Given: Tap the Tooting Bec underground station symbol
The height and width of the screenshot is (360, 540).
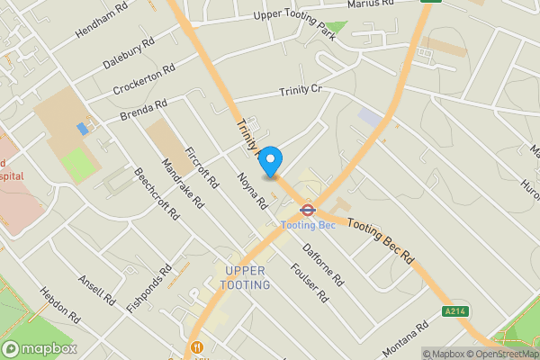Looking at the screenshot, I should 307,211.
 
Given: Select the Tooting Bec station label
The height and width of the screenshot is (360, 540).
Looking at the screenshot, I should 307,225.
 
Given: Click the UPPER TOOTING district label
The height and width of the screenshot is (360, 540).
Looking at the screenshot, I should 247,278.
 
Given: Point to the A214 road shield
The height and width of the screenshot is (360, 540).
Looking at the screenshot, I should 455,311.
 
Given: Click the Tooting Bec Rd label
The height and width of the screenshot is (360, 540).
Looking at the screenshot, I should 381,244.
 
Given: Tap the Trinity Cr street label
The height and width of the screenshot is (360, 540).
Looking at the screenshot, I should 300,91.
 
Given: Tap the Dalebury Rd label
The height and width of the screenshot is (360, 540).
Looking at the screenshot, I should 128,54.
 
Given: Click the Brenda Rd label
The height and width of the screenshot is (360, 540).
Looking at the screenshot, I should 144,112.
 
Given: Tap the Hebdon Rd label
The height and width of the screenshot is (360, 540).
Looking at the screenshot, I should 60,306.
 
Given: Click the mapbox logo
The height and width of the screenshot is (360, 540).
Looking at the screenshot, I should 40,348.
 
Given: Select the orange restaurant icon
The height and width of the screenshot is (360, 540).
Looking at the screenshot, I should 194,349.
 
